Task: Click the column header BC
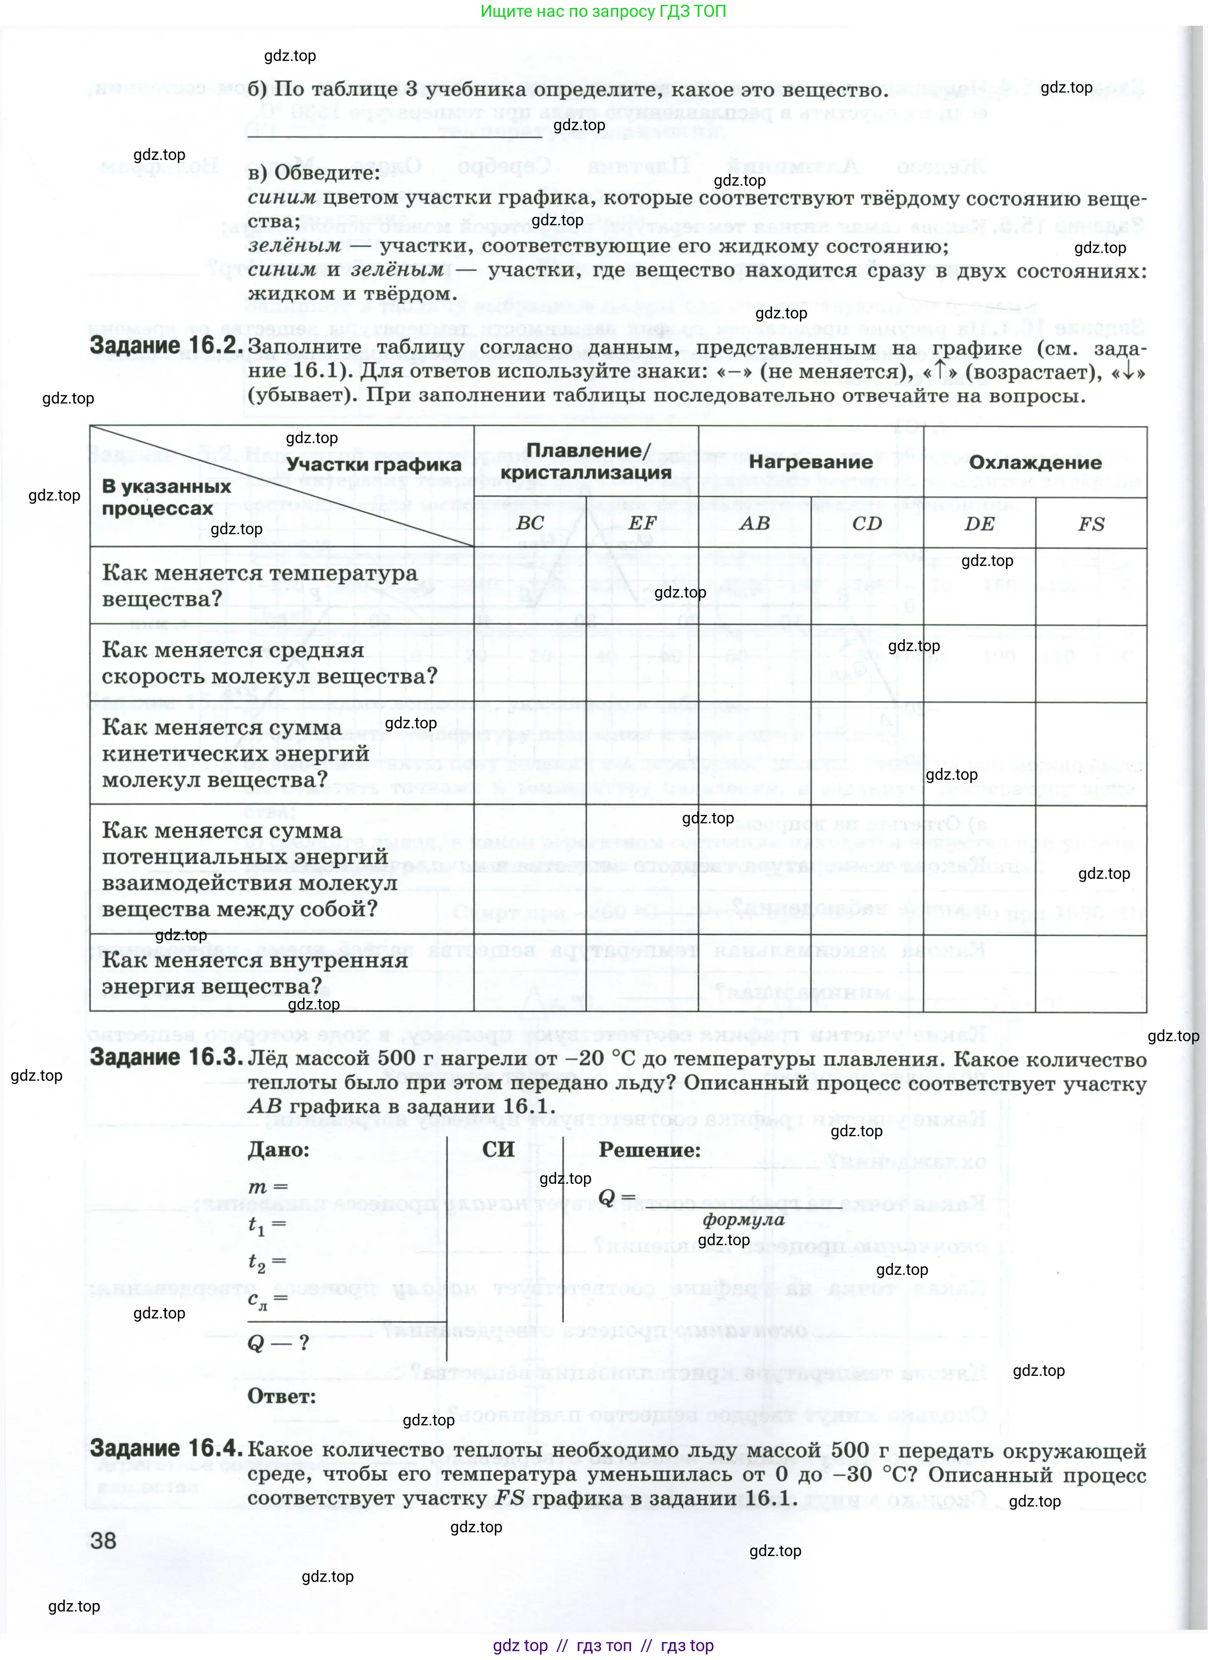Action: [x=529, y=523]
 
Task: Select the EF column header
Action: [x=642, y=523]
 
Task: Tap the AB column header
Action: [x=755, y=523]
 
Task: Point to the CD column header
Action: [x=867, y=523]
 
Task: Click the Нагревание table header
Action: [x=810, y=462]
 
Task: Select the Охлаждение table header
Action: [x=1035, y=462]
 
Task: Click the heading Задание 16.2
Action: [x=165, y=346]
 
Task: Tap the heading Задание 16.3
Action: [x=165, y=1057]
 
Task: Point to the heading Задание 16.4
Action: [x=165, y=1448]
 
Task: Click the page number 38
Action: [x=103, y=1540]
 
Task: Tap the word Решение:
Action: [x=649, y=1150]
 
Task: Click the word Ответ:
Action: [x=282, y=1396]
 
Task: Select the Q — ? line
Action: [x=279, y=1342]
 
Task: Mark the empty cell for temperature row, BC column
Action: [x=529, y=586]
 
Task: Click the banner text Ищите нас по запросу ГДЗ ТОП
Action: [x=603, y=12]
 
